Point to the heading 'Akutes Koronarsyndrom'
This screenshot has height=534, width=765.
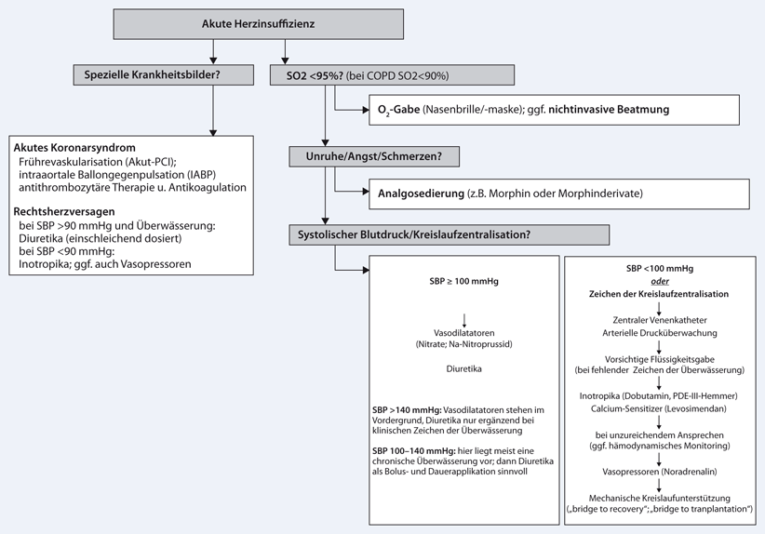[75, 149]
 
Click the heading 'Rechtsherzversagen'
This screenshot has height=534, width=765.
[67, 211]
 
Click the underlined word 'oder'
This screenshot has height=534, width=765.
[659, 280]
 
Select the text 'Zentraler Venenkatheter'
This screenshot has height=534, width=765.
[659, 320]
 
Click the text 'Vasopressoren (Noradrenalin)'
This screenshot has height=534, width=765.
[659, 474]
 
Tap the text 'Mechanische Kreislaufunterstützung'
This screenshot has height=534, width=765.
[659, 499]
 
